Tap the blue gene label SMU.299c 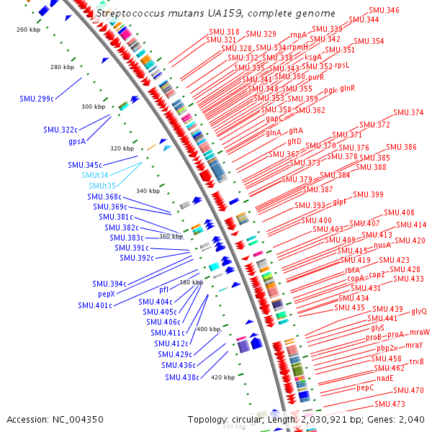(37, 98)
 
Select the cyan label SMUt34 (94, 175)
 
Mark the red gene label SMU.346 (383, 10)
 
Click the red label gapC (274, 117)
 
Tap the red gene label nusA (382, 245)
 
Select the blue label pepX (106, 294)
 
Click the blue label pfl (163, 289)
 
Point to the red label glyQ (419, 311)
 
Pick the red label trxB (416, 361)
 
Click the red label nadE (384, 378)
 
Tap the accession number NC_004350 (55, 419)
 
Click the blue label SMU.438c (181, 377)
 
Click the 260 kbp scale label (30, 30)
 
